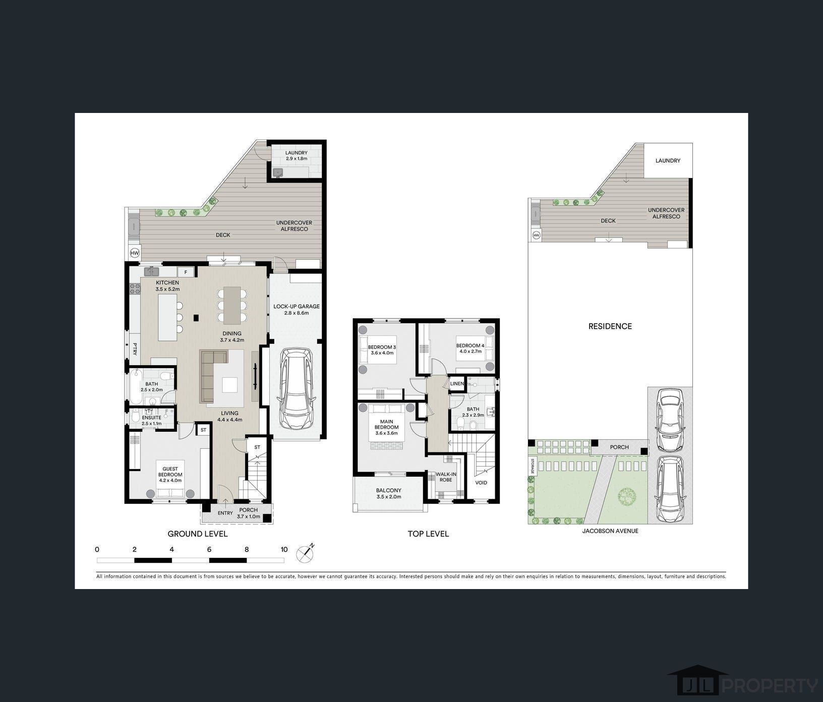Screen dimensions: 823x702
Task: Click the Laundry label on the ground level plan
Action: tap(296, 155)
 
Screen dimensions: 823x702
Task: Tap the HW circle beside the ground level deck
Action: tap(135, 253)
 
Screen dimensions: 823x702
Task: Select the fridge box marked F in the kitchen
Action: tap(186, 272)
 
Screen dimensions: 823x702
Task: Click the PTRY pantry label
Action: tap(135, 349)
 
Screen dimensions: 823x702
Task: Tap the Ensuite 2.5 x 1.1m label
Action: tap(151, 420)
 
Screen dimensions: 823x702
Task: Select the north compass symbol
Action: tap(305, 553)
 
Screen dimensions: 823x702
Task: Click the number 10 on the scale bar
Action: tap(284, 550)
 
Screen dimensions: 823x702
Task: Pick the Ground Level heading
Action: tap(198, 534)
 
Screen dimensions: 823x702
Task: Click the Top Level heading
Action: tap(428, 534)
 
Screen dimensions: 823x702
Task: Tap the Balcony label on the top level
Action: tap(389, 493)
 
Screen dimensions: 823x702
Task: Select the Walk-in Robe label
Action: tap(446, 477)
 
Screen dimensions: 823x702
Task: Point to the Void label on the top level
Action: tap(481, 483)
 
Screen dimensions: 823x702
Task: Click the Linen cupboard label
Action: tap(456, 384)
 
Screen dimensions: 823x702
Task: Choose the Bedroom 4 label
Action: tap(470, 348)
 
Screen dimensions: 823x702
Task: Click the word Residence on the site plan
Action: tap(610, 326)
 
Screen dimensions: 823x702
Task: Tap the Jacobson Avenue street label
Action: tap(610, 531)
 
